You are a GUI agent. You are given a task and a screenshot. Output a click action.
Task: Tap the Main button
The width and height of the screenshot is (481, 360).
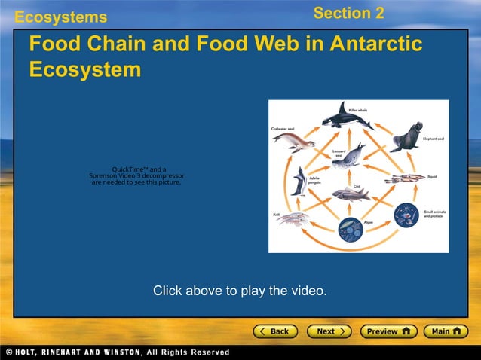446,331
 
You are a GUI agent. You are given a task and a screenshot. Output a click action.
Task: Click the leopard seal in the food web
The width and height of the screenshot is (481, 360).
349,157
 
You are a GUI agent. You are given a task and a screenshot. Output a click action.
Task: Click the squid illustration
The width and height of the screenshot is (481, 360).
405,178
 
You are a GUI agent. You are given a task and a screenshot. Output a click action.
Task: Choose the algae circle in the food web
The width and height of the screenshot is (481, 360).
351,228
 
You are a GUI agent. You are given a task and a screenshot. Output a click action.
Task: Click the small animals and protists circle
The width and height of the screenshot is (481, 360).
405,215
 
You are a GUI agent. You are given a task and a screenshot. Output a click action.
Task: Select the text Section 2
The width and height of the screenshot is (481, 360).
348,13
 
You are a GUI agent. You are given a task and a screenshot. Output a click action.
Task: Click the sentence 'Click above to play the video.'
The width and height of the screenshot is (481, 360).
240,290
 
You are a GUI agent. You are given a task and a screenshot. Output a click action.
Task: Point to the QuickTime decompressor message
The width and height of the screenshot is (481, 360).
136,175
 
